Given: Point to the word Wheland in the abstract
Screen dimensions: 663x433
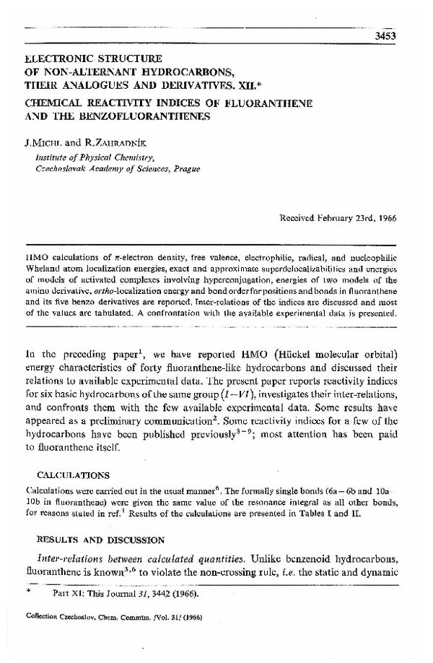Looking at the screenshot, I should point(43,265).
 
